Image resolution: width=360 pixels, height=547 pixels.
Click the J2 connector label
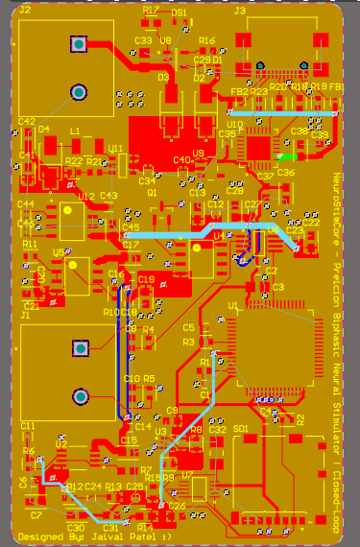pos(25,10)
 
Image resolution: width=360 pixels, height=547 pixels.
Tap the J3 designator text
pos(239,10)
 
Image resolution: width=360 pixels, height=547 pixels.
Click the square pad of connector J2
pos(78,44)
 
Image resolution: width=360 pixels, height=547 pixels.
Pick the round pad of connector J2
pos(78,91)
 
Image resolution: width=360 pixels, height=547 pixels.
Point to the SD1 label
pos(241,428)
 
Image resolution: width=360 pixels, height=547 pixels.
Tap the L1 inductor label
pos(74,131)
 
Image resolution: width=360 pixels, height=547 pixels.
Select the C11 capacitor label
pos(27,425)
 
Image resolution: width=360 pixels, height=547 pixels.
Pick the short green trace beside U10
pos(284,155)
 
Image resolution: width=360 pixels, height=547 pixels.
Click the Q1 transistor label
pos(152,192)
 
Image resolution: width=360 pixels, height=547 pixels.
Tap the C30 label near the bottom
pos(76,528)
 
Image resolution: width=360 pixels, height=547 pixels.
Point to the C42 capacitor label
pos(25,121)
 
